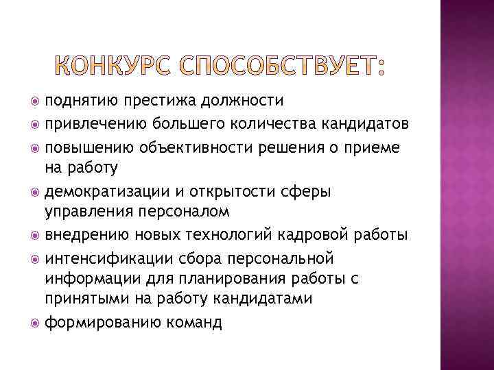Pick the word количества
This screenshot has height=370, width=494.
(x=284, y=124)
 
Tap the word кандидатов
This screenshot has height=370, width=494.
(x=371, y=124)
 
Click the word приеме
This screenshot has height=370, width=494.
(x=371, y=147)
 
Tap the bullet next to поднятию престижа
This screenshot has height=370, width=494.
(x=35, y=102)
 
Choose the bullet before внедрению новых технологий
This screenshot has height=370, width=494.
(x=35, y=236)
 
